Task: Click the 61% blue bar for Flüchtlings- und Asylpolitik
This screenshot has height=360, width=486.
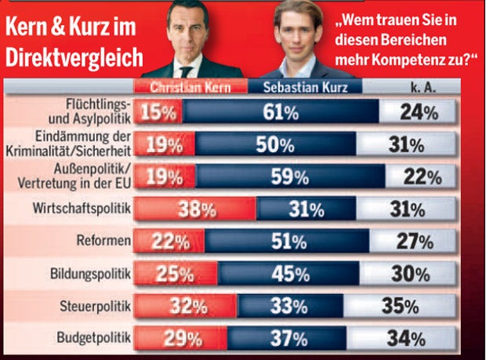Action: tap(280, 112)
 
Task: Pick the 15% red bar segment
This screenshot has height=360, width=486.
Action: tap(159, 112)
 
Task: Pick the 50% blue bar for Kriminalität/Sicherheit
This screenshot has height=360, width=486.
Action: tap(287, 144)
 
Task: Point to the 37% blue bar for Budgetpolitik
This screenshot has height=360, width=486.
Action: tap(303, 339)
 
